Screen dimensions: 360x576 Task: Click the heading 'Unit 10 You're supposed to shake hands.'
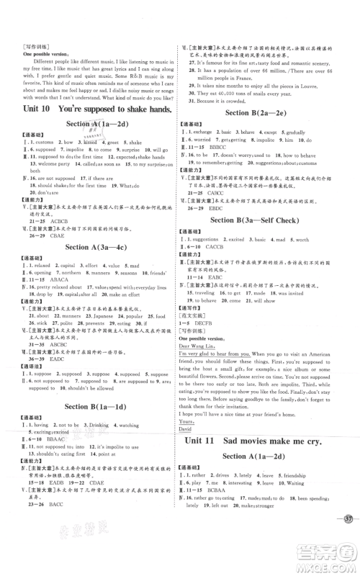96,109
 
